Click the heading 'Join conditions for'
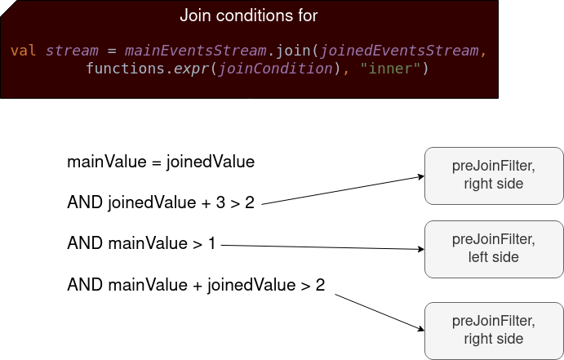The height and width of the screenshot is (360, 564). click(249, 16)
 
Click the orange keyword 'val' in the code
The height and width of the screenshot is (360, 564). click(24, 51)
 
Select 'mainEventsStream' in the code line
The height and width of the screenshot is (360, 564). click(196, 51)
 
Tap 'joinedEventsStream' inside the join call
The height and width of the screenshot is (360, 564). click(399, 51)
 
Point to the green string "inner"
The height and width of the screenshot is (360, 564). click(390, 68)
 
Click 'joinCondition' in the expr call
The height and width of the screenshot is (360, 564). click(276, 69)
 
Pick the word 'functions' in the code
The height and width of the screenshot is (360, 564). click(125, 68)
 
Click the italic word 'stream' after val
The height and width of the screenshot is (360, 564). click(72, 51)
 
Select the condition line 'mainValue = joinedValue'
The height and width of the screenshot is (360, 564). click(161, 162)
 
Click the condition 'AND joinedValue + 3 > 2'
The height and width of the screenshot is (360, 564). click(161, 202)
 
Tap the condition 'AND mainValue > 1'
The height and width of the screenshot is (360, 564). click(141, 243)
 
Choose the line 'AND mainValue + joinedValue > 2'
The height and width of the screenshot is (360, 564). click(196, 285)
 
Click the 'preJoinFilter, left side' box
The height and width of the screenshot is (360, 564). click(494, 249)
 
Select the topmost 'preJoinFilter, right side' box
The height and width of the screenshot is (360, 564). click(494, 176)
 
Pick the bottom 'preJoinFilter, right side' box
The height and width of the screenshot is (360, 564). click(494, 331)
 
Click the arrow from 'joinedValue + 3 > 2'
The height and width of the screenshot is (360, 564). click(343, 190)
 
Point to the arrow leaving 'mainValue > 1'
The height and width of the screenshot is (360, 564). click(322, 247)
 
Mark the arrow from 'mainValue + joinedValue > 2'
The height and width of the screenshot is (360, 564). click(380, 312)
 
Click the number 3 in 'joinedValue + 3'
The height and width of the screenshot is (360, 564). click(220, 202)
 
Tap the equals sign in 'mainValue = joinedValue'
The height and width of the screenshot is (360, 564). click(156, 162)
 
